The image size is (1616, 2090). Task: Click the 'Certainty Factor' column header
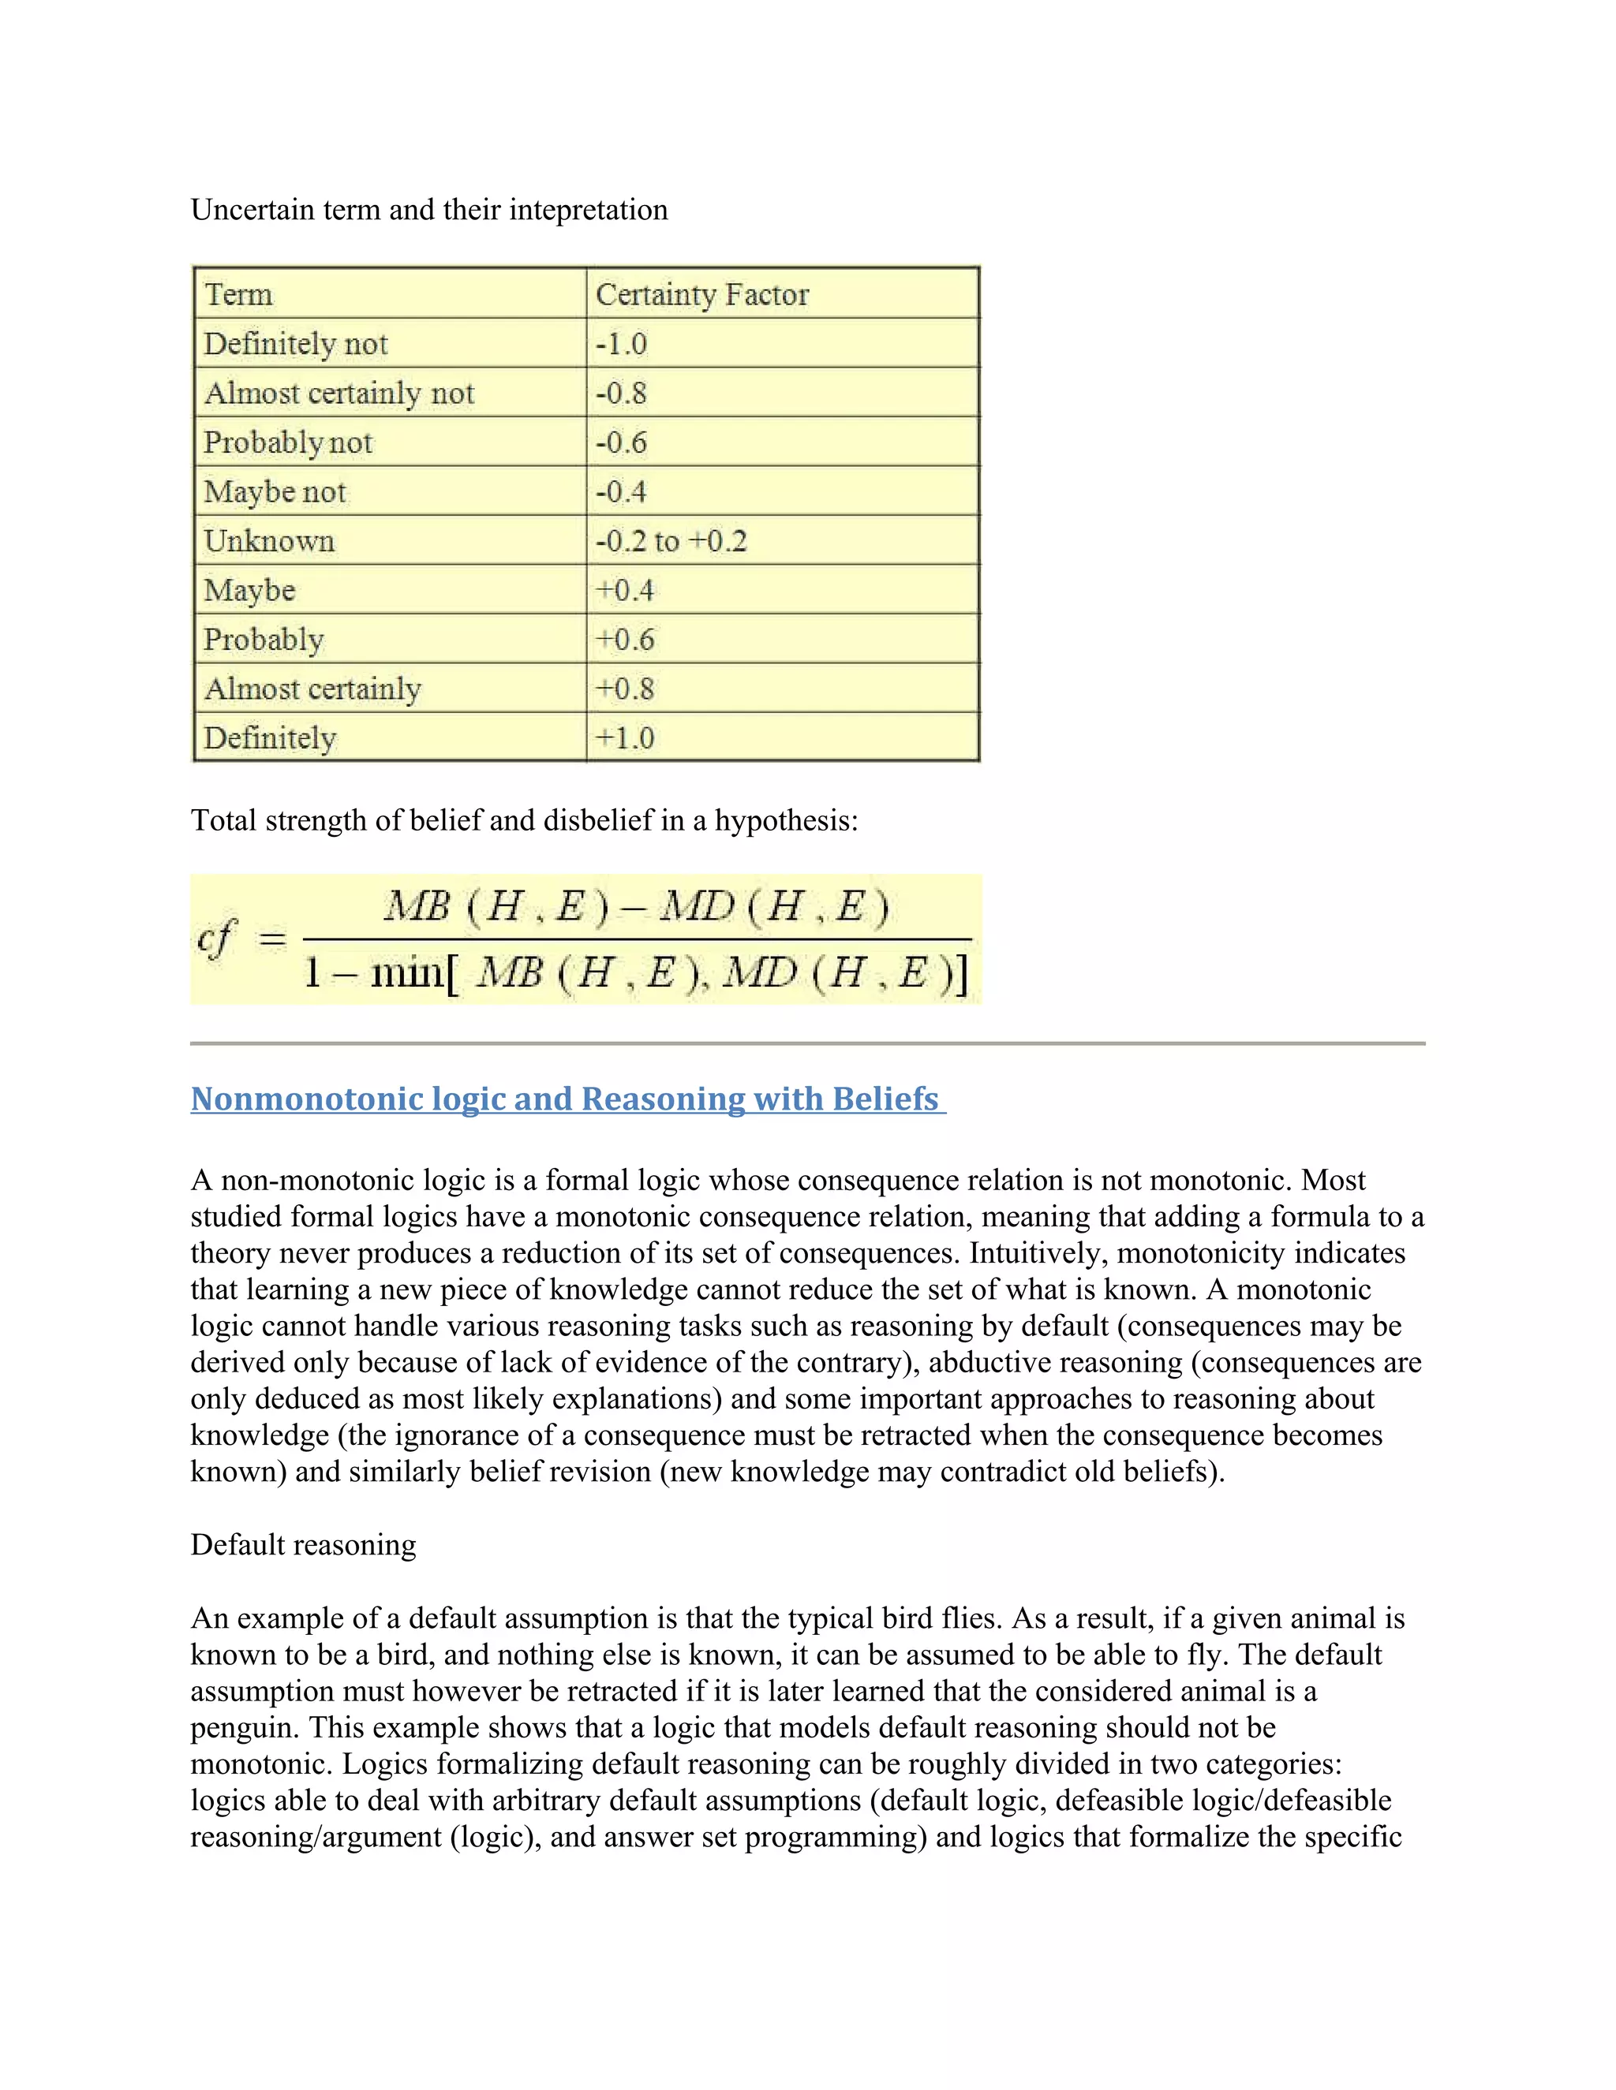pos(701,294)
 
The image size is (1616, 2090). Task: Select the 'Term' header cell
pos(239,294)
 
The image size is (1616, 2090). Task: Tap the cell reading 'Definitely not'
pos(296,344)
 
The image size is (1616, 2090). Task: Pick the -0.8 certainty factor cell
pos(621,394)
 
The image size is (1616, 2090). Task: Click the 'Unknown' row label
pos(269,541)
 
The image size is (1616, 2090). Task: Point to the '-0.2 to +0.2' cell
pos(671,541)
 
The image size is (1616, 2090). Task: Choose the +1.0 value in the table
pos(625,738)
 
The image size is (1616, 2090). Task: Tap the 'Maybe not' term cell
pos(275,492)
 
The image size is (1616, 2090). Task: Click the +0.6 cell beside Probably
pos(625,640)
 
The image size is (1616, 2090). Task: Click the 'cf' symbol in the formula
pos(216,939)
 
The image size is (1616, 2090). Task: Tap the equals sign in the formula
pos(273,940)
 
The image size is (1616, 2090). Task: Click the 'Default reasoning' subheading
pos(304,1544)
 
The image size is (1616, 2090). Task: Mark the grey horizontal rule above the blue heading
pos(807,1043)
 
